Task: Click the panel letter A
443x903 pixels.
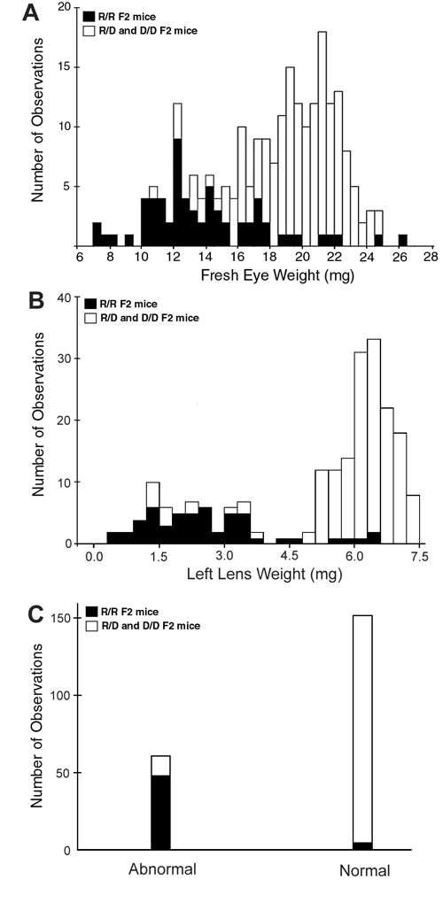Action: point(30,12)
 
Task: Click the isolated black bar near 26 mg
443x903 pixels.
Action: point(402,240)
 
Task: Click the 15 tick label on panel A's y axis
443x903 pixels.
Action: point(64,67)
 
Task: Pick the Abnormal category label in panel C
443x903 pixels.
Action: point(162,869)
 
